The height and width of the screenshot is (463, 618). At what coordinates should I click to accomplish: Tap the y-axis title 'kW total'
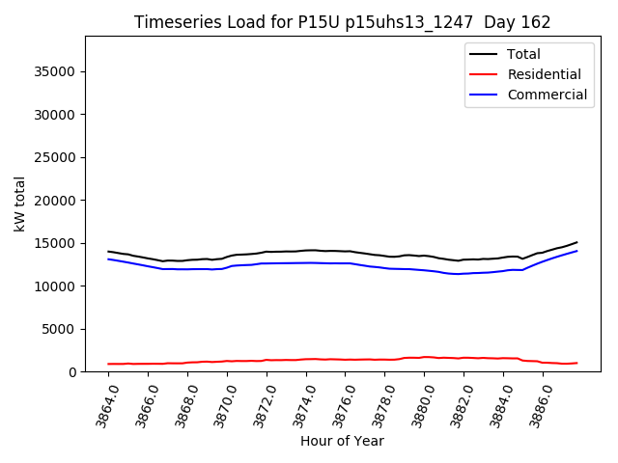point(20,204)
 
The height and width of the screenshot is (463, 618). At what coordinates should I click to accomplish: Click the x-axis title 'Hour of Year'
point(342,441)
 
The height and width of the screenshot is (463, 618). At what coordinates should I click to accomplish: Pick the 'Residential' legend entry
point(544,74)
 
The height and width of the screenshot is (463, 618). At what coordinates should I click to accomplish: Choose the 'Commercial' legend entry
point(547,95)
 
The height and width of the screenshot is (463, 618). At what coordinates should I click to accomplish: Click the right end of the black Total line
point(576,242)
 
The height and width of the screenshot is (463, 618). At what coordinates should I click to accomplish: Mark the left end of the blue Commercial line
point(108,259)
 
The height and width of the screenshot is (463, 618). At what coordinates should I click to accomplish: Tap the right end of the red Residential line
point(576,363)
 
